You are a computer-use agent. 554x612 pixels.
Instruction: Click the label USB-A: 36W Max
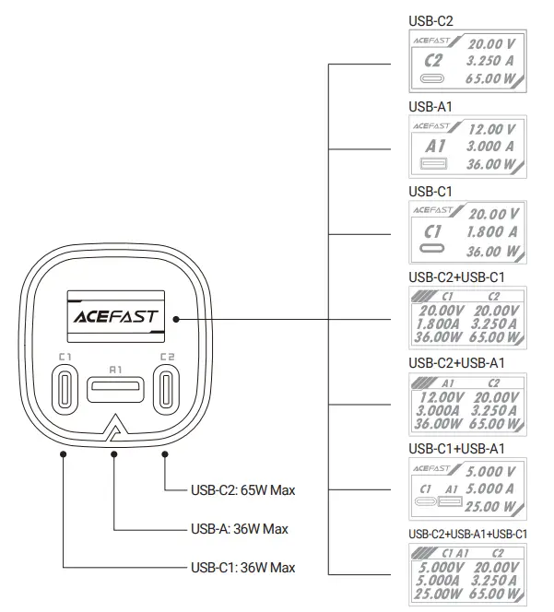(240, 529)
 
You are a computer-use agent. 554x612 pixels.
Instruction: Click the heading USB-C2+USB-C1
(456, 277)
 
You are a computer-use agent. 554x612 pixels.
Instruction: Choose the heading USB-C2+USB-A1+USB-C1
(468, 534)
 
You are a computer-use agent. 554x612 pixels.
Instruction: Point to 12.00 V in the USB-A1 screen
(490, 129)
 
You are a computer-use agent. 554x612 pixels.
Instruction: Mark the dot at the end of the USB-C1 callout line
(64, 453)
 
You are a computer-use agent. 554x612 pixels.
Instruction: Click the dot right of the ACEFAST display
(174, 319)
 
